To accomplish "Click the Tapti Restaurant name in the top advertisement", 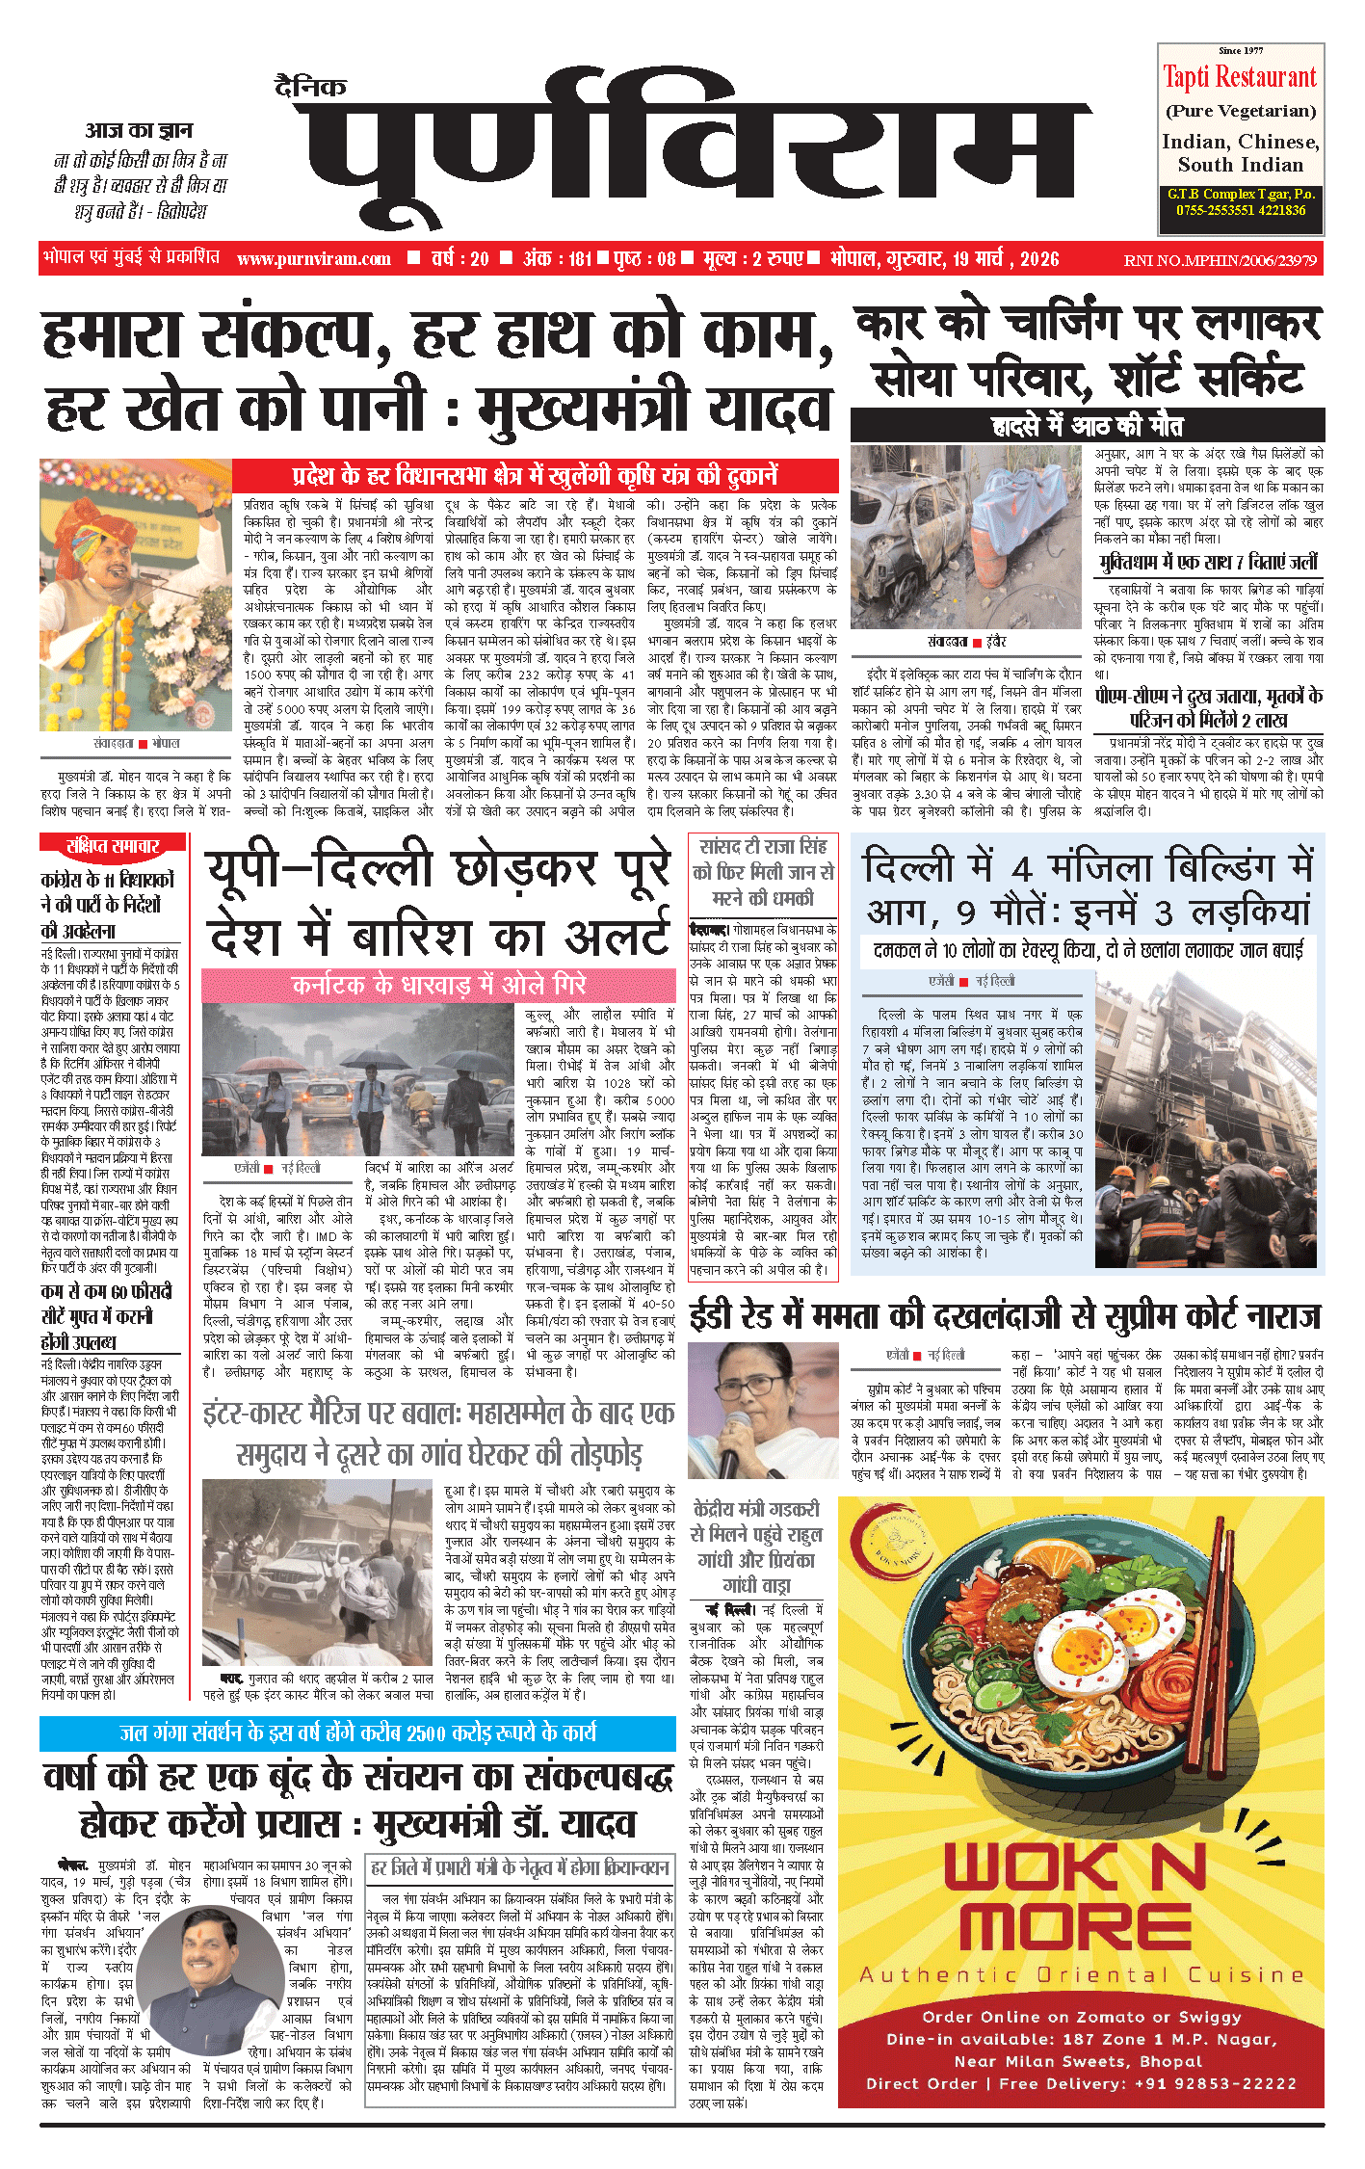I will click(1240, 77).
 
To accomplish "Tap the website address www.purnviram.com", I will click(314, 259).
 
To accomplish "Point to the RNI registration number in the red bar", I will click(1221, 260).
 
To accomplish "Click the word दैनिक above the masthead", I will click(309, 88).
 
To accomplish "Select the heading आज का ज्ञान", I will click(139, 130).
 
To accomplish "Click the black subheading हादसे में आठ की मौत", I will click(1088, 426).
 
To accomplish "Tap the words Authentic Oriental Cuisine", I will click(1081, 1974).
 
